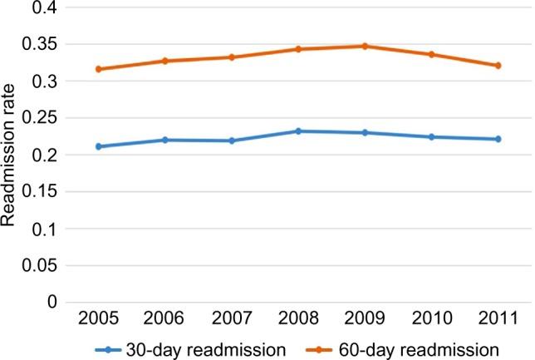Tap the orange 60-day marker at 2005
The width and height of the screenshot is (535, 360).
(99, 69)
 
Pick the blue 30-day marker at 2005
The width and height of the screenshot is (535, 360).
(99, 146)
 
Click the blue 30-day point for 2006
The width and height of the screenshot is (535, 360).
(164, 140)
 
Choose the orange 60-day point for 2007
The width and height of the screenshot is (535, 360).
(231, 57)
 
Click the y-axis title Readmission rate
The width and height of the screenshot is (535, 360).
(11, 155)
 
